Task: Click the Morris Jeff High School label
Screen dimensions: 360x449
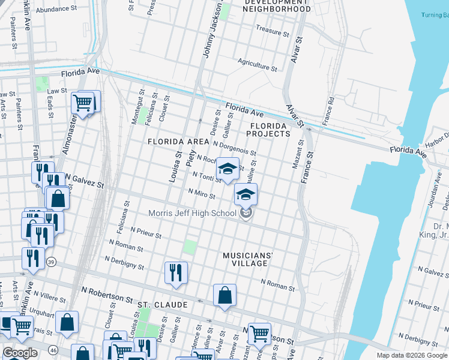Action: tap(192, 214)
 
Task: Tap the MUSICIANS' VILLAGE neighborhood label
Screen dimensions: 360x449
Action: tap(248, 259)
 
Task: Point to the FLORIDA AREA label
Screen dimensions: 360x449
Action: tap(178, 142)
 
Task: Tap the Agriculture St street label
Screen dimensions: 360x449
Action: tap(257, 65)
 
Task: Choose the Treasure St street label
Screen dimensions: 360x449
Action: tap(273, 28)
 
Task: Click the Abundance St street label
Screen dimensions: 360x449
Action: tap(56, 10)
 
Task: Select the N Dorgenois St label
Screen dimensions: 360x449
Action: tap(235, 148)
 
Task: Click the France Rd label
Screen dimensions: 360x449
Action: tap(328, 111)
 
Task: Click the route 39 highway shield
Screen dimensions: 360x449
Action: tap(52, 262)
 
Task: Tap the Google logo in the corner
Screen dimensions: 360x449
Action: tap(20, 353)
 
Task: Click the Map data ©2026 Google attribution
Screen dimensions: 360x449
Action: tap(411, 355)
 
